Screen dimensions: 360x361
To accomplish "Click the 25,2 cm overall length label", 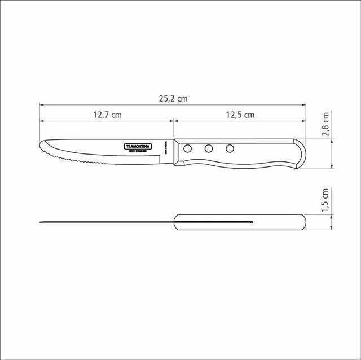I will (173, 98).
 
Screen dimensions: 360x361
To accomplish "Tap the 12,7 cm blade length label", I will (107, 115).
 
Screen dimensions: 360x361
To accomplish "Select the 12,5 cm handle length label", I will (240, 115).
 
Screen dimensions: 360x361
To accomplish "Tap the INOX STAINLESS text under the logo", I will (139, 151).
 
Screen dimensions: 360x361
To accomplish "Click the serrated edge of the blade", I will (62, 159).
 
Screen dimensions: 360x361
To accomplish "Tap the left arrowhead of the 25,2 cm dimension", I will (42, 104).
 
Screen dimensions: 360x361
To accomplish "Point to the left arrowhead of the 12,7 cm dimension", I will (42, 120).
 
